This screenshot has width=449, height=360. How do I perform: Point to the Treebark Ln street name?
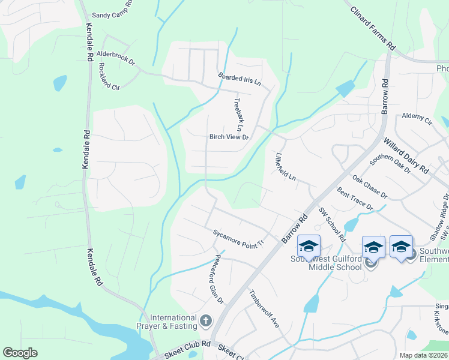[x=238, y=115]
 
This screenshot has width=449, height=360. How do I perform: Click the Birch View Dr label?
[x=229, y=137]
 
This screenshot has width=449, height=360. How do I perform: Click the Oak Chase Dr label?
[x=370, y=187]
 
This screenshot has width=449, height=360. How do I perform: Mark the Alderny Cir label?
[x=417, y=118]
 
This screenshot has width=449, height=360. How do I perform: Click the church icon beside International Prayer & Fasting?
[x=205, y=321]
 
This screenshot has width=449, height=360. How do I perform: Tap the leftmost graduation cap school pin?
[x=309, y=246]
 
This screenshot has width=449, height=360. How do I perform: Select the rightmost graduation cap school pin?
[x=402, y=246]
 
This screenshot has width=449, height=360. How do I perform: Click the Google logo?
[x=20, y=352]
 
